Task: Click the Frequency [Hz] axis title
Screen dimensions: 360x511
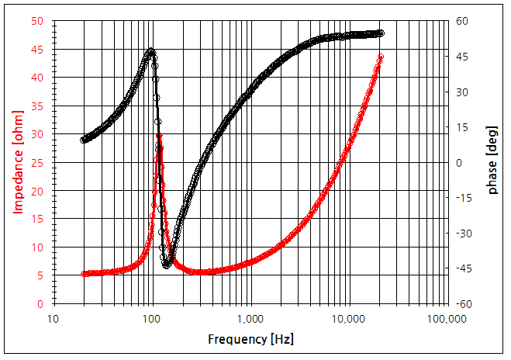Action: tap(250, 340)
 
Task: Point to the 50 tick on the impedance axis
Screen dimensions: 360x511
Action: tap(37, 21)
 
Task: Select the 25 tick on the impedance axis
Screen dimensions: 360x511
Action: tap(37, 163)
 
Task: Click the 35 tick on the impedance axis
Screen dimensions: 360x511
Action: tap(37, 106)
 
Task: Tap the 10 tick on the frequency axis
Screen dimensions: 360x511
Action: tap(54, 319)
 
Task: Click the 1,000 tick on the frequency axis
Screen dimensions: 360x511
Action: tap(250, 319)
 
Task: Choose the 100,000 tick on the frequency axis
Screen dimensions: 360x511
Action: tap(447, 319)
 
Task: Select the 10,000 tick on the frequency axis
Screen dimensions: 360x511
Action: tap(349, 319)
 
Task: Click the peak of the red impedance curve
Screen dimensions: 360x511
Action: tap(159, 136)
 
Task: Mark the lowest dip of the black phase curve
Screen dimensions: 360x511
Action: tap(166, 265)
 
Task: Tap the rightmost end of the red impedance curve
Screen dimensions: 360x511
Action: tap(382, 57)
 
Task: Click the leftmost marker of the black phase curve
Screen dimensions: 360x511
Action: tap(83, 140)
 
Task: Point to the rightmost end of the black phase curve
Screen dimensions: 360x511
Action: tap(382, 33)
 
